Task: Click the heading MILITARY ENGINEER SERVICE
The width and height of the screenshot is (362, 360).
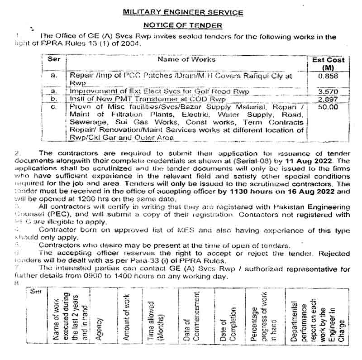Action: click(x=183, y=13)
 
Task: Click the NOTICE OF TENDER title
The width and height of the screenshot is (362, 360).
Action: click(x=183, y=25)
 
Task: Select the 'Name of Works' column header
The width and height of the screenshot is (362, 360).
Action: click(x=186, y=59)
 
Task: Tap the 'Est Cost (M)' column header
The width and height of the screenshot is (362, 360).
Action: click(x=328, y=63)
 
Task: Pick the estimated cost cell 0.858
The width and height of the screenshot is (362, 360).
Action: click(x=328, y=77)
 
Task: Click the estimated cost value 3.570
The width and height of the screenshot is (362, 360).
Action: click(x=328, y=91)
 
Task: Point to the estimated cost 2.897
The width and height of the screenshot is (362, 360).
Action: click(x=328, y=99)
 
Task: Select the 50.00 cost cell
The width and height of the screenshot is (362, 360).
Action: click(x=328, y=107)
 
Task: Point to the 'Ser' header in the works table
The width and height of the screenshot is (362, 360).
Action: click(x=54, y=59)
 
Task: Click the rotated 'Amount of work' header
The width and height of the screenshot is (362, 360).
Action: click(x=127, y=323)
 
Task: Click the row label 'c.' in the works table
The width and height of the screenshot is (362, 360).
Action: click(x=54, y=107)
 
